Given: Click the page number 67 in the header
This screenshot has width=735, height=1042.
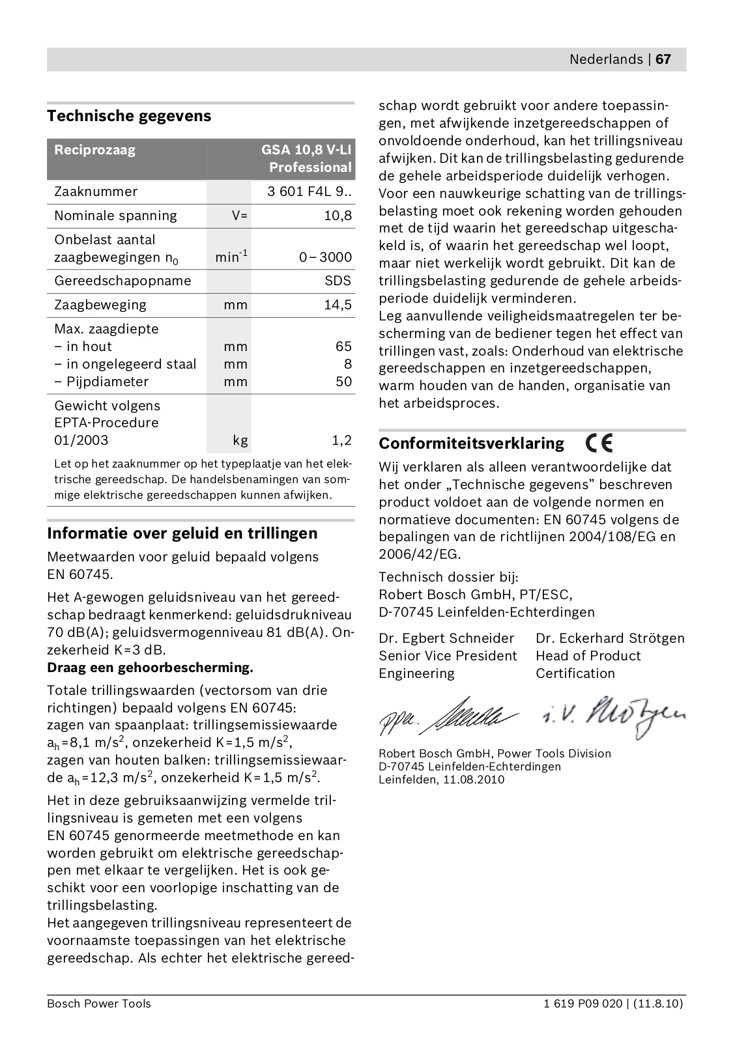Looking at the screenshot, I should pos(663,59).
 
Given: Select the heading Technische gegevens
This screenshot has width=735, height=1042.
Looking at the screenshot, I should pos(129,116).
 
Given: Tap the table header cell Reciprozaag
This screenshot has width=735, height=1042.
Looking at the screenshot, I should pos(94,150).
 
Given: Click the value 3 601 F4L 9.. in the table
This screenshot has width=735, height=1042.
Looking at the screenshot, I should pos(310,191).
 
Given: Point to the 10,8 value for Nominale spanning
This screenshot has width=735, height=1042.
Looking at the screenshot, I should pos(338,216).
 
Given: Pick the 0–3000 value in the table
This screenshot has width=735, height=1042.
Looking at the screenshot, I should pos(326,257).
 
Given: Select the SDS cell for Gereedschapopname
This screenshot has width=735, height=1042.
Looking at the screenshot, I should pos(338,281).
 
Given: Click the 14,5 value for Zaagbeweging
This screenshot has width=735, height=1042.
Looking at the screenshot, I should pos(338,305).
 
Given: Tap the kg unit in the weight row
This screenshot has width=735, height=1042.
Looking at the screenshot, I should pos(240,440).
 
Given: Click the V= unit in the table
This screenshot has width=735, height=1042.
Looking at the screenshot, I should pos(240,216).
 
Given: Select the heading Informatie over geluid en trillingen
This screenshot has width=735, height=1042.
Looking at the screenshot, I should pos(182,533).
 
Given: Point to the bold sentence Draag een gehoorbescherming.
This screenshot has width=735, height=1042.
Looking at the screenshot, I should pos(150,668).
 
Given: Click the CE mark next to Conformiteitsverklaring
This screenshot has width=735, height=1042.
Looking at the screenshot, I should pos(599,443).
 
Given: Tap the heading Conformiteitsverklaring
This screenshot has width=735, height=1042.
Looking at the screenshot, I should pos(472,444).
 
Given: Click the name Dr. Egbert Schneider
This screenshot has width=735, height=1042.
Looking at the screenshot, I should pos(446,638).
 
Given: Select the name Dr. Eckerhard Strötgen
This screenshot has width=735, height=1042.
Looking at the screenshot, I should pos(610,638).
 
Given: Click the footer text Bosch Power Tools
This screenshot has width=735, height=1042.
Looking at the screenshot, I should pos(98,1004).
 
